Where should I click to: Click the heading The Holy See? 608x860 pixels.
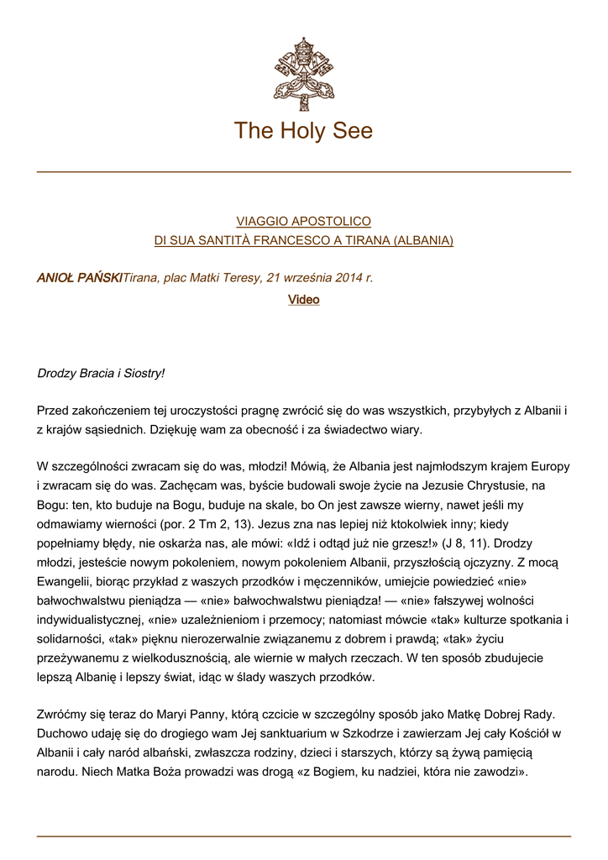point(303,131)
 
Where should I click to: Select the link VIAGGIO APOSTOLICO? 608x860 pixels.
point(303,222)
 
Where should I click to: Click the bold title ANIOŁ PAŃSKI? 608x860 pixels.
point(80,278)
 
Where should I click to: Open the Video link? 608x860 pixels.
point(303,300)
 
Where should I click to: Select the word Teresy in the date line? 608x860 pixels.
point(241,278)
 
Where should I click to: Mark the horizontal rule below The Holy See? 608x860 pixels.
point(303,172)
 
